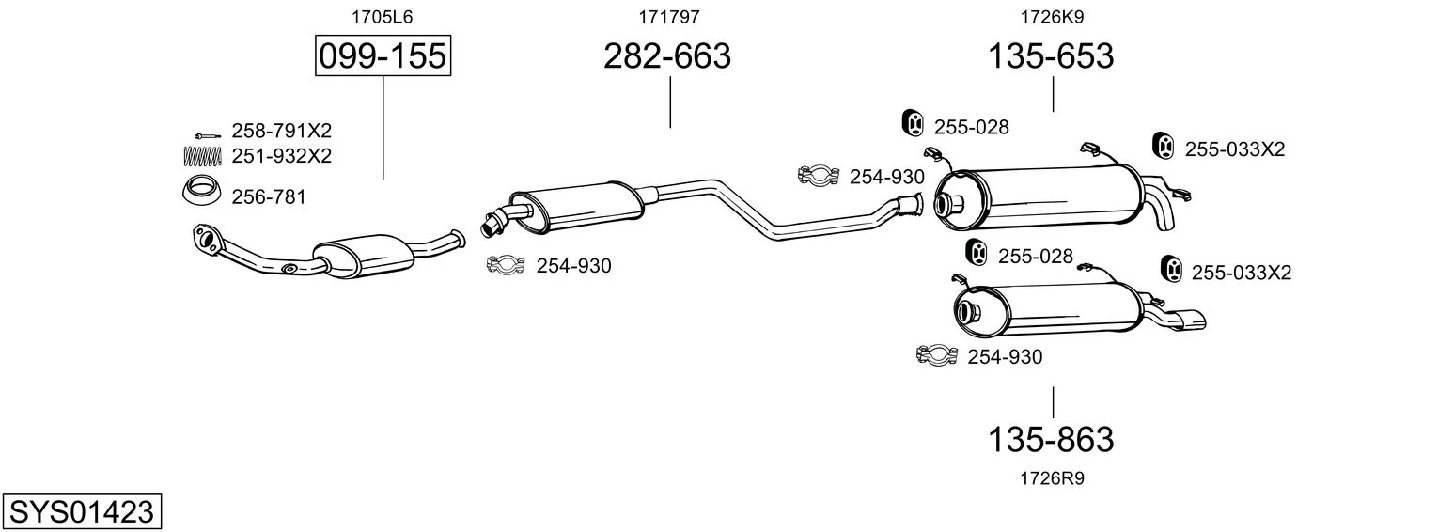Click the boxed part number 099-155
(383, 55)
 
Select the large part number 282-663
(667, 55)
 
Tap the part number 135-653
(1051, 55)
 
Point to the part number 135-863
(1051, 440)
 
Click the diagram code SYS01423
(82, 511)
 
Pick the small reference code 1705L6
(382, 17)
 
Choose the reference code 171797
(669, 17)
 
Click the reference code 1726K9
(1052, 17)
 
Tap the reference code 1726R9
(1052, 478)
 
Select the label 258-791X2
(281, 131)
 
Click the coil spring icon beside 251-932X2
(202, 156)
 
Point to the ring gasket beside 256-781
(201, 191)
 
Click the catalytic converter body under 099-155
(365, 257)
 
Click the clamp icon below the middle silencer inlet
(507, 264)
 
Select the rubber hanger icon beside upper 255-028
(913, 123)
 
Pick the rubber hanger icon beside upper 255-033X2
(1163, 146)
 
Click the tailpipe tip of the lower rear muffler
(1192, 321)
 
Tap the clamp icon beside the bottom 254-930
(937, 355)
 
